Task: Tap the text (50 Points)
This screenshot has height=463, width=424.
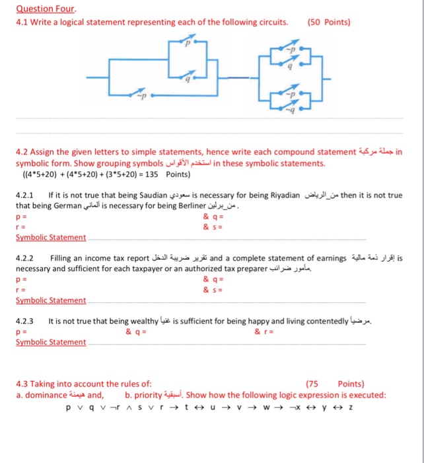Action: click(x=329, y=22)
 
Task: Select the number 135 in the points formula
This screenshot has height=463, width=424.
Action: click(x=152, y=175)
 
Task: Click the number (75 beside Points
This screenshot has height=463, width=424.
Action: click(x=314, y=384)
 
